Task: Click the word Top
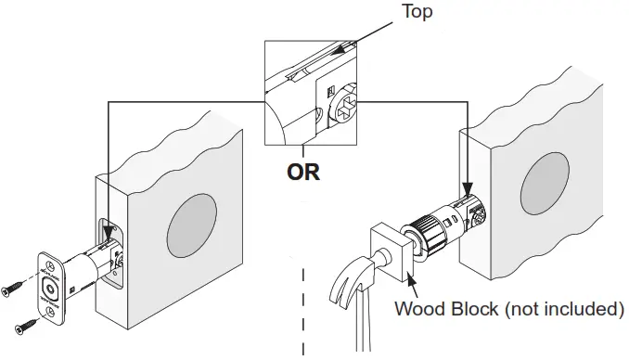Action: point(417,11)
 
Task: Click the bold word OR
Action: point(303,172)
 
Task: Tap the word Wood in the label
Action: point(420,309)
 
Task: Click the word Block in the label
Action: point(475,309)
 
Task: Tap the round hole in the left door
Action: point(192,225)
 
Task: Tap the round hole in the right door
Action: point(545,184)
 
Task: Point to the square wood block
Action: point(392,252)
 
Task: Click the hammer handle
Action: point(363,321)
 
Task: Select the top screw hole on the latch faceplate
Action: point(50,265)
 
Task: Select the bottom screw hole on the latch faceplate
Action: point(50,311)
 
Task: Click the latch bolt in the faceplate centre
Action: point(50,289)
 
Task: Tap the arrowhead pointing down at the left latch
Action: point(108,233)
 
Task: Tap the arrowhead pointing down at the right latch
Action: point(468,188)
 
